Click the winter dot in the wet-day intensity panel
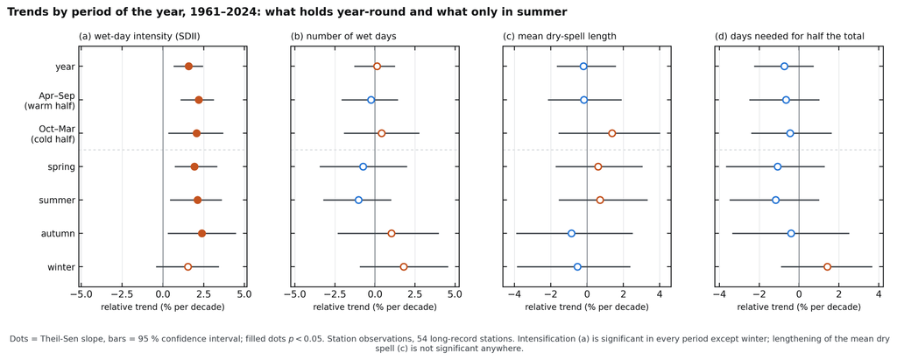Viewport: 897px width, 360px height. [187, 266]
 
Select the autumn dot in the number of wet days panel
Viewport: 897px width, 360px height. [392, 234]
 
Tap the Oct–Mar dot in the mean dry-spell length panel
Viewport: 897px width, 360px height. [612, 133]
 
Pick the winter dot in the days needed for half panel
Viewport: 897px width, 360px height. [827, 266]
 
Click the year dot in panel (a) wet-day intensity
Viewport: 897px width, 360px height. [189, 67]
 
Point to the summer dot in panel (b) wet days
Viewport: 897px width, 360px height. [358, 201]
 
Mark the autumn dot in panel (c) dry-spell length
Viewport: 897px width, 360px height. [571, 234]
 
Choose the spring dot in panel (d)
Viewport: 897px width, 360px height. [778, 166]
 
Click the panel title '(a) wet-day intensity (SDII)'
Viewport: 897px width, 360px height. [139, 37]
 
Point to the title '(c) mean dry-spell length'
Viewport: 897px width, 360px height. [560, 37]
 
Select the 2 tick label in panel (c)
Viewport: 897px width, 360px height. [624, 295]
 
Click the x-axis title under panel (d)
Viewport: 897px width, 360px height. [799, 307]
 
